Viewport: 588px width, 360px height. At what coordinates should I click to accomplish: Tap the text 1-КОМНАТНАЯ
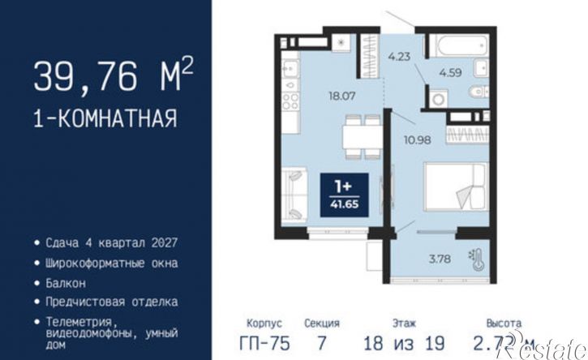[x=105, y=119]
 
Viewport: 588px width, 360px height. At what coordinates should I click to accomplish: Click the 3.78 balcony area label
[x=440, y=259]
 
